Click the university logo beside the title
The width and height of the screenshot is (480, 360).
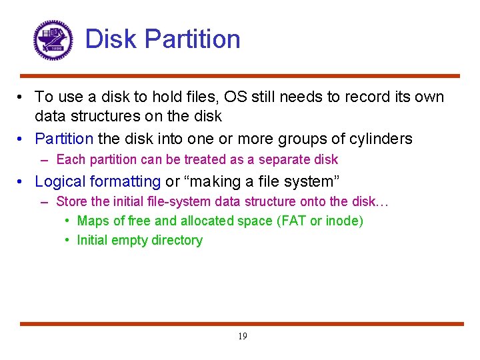(x=53, y=40)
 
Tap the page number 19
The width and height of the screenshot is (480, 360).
(x=242, y=336)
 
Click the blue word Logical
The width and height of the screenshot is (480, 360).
(x=60, y=181)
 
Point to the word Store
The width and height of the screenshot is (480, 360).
(x=71, y=201)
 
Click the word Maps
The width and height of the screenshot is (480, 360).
(x=92, y=221)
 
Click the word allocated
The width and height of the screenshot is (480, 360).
(x=208, y=221)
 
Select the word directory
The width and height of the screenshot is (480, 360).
(x=178, y=240)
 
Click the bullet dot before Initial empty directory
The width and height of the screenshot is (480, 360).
(x=68, y=240)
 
